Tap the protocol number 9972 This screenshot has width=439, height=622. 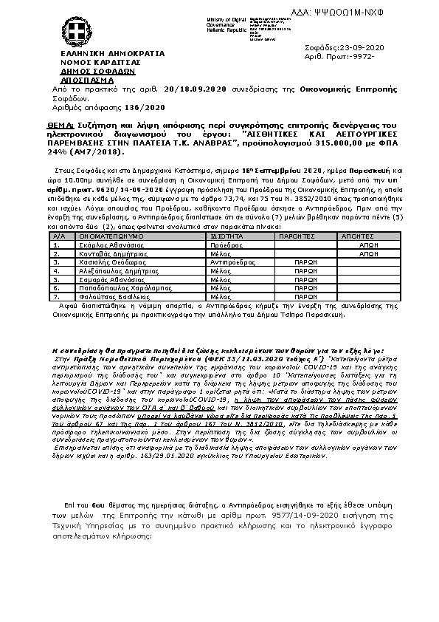[x=360, y=56]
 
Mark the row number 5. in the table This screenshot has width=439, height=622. [x=57, y=278]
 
